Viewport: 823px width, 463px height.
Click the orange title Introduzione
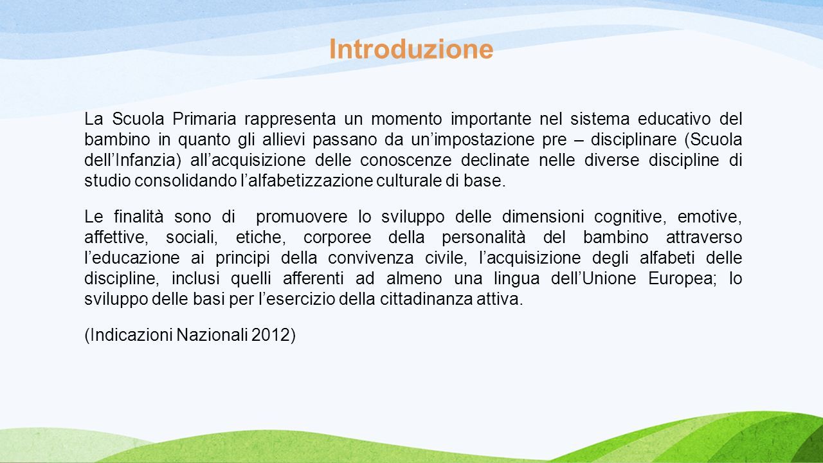[411, 49]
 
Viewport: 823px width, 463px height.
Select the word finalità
[138, 216]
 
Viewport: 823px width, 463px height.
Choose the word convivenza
[371, 259]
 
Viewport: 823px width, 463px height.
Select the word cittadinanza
[426, 299]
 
